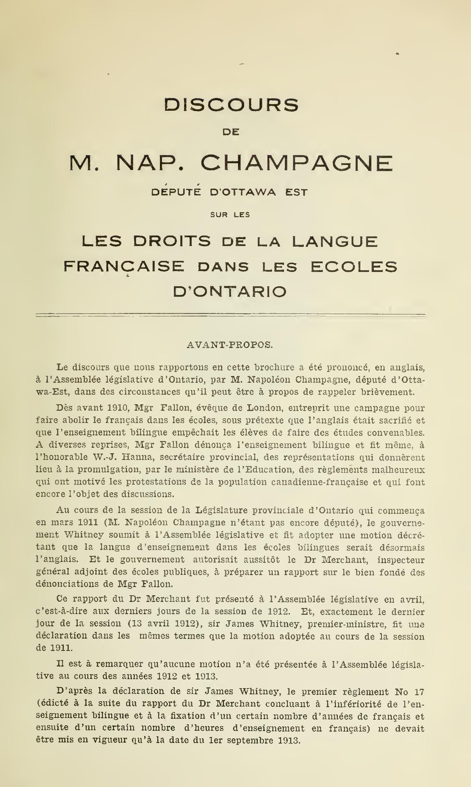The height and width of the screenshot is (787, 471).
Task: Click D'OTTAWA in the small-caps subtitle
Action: click(x=243, y=192)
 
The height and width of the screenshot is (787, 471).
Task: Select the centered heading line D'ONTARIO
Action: click(x=230, y=291)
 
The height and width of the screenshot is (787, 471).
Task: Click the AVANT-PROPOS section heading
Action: click(x=230, y=345)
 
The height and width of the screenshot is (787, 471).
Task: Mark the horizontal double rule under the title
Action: click(x=230, y=315)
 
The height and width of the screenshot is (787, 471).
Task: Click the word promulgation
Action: click(x=114, y=470)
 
